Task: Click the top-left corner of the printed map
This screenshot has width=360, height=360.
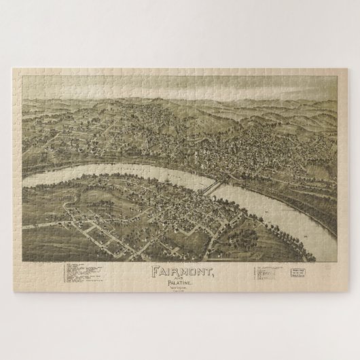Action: (x=22, y=77)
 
